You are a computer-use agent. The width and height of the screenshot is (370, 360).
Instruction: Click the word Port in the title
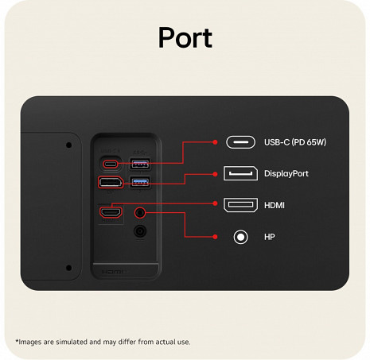(185, 37)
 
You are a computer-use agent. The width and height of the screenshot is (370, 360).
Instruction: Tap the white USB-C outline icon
(240, 142)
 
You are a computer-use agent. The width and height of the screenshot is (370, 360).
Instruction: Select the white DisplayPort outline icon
(240, 173)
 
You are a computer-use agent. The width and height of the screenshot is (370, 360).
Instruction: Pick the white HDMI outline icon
(240, 205)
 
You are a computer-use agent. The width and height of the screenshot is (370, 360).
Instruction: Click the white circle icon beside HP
(240, 237)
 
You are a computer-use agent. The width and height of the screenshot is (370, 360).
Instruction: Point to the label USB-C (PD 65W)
(295, 142)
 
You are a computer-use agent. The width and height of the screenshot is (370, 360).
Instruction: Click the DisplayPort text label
(286, 174)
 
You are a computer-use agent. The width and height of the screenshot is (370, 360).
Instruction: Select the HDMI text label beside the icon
(275, 205)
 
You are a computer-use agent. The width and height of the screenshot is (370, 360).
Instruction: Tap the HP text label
(269, 237)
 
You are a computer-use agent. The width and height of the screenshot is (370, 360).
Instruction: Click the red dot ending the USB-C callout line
(215, 142)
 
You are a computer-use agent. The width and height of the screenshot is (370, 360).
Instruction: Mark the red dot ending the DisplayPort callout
(215, 174)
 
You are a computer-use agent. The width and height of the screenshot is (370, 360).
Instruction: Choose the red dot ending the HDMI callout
(215, 203)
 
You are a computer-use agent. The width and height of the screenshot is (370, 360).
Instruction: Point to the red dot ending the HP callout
(215, 237)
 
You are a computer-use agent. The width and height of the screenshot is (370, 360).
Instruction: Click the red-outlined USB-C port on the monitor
(111, 164)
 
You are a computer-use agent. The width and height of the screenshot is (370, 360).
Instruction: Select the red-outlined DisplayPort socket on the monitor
(111, 182)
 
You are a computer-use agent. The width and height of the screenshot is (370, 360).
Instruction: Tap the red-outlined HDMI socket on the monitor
(111, 212)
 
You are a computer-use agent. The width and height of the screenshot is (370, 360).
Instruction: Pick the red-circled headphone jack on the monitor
(140, 212)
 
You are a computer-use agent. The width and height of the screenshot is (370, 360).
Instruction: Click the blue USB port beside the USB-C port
(140, 164)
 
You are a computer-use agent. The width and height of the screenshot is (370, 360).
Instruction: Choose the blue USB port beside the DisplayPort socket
(140, 182)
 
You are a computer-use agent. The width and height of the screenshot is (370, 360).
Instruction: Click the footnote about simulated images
(103, 342)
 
